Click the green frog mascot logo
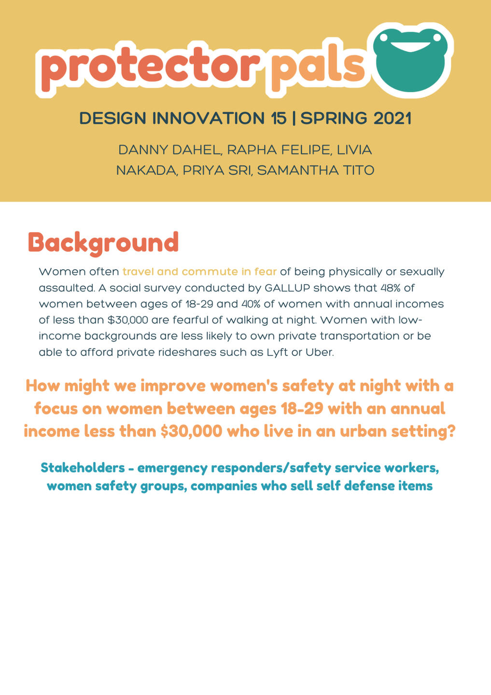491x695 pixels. tap(410, 60)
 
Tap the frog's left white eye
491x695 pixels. tap(384, 38)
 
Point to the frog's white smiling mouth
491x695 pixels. tap(410, 46)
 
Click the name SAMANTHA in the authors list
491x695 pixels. tap(298, 170)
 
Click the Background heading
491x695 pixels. tap(103, 243)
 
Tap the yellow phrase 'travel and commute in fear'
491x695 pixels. tap(199, 272)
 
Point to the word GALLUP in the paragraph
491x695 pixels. tap(287, 288)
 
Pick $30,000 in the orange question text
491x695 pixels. tap(192, 431)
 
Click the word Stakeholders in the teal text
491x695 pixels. tap(83, 468)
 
